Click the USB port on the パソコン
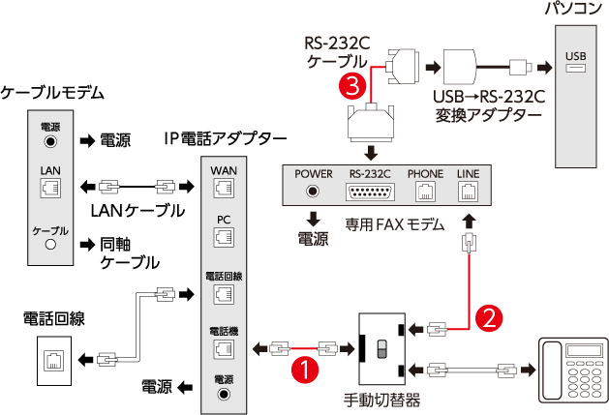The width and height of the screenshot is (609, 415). (575, 70)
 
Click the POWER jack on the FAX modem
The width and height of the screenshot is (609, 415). (313, 191)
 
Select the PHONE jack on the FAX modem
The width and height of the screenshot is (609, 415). (424, 191)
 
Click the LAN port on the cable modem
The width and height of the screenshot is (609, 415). (50, 188)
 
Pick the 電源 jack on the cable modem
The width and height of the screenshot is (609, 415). (50, 141)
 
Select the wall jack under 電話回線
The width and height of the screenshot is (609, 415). (49, 360)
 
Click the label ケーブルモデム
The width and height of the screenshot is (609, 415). (52, 94)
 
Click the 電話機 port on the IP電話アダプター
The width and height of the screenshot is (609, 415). (224, 346)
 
